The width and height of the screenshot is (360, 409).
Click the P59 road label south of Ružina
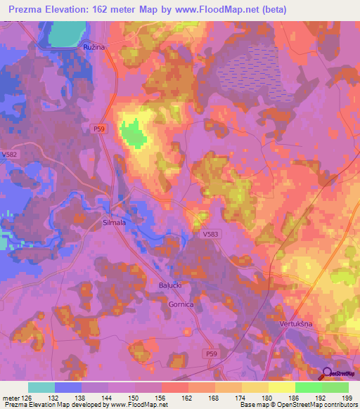point(99,128)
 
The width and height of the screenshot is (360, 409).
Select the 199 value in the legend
point(344,398)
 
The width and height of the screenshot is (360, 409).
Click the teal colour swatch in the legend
point(41,387)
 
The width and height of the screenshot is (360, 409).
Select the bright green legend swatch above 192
point(309,387)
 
